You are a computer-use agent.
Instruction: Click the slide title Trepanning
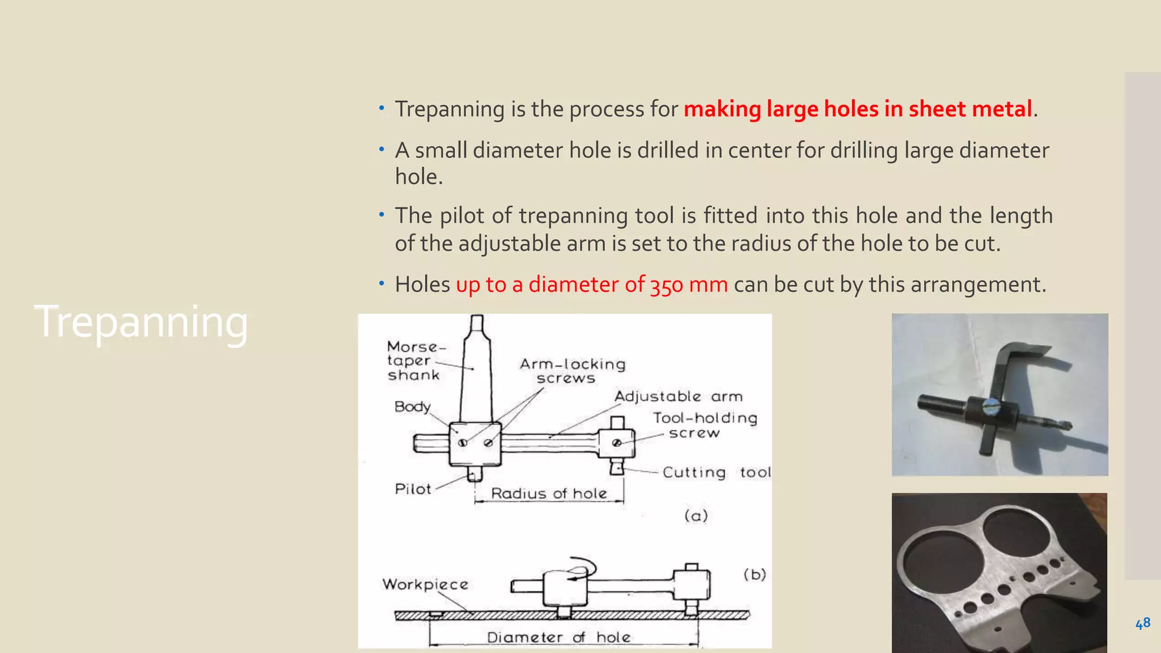tap(141, 322)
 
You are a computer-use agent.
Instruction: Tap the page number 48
tap(1142, 623)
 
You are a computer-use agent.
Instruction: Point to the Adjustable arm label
tap(678, 396)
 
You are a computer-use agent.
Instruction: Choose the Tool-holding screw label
tap(704, 425)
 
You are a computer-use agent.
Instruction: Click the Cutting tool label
tap(716, 472)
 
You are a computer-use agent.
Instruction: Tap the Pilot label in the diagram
tap(413, 489)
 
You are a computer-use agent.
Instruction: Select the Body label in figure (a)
tap(412, 406)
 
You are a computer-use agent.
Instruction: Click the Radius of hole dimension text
tap(549, 493)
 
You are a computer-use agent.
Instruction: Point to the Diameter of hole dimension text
tap(558, 637)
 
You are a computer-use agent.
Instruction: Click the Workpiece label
tap(425, 584)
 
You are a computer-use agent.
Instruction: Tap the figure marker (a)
tap(696, 515)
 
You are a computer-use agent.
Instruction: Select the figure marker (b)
tap(755, 574)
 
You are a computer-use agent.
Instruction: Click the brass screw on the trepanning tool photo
tap(991, 405)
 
